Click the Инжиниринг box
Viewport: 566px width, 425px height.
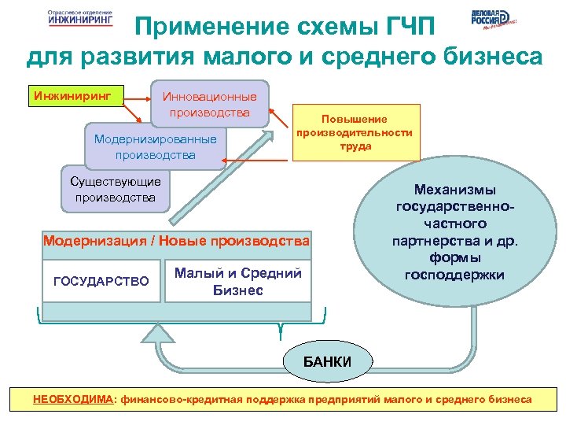[68, 98]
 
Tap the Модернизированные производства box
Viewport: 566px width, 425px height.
[155, 146]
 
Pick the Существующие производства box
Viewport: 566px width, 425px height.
[115, 190]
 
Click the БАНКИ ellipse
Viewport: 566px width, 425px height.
[328, 361]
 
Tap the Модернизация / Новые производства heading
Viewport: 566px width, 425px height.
[176, 240]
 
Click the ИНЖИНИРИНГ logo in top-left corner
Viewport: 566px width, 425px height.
[79, 19]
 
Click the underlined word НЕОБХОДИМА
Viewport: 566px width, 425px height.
[73, 400]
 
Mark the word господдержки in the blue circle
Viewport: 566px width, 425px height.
[454, 274]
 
